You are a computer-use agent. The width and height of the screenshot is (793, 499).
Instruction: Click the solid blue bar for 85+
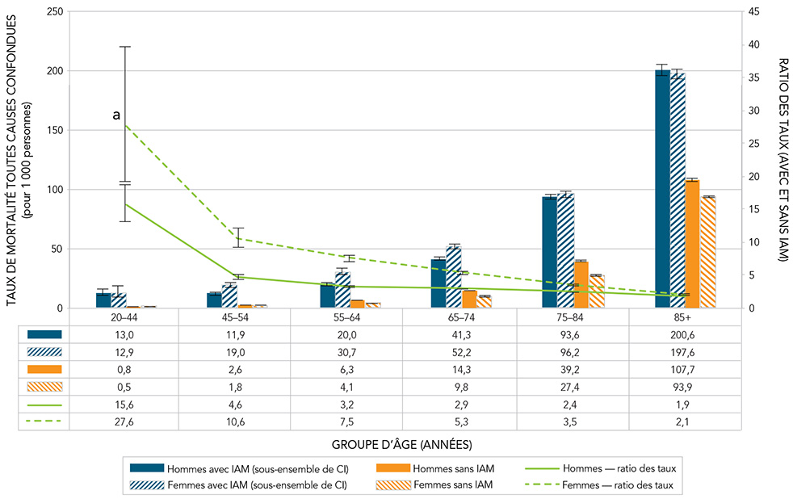(x=662, y=190)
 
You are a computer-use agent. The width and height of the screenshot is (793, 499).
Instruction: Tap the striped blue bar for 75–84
(x=565, y=251)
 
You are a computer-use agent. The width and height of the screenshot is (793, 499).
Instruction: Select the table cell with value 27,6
(x=125, y=422)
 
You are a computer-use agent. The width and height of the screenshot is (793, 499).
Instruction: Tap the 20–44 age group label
(x=125, y=317)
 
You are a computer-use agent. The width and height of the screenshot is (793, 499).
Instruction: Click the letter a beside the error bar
(x=117, y=116)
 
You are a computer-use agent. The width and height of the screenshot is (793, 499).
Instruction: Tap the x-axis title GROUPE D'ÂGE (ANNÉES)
(x=401, y=444)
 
